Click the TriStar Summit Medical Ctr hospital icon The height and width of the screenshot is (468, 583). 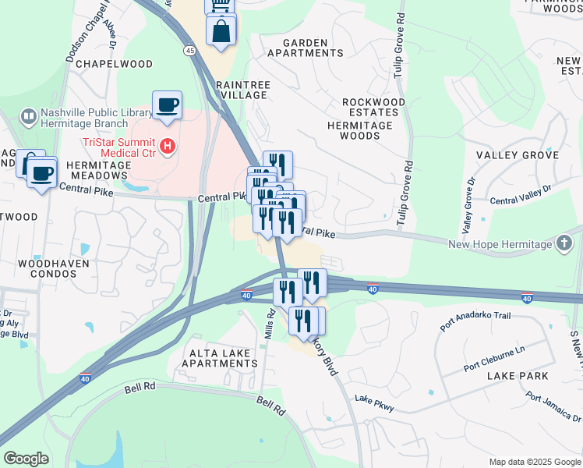coord(166,146)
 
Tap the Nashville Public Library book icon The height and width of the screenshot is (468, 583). coord(28,117)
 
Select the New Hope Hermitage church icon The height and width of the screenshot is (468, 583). coord(564,245)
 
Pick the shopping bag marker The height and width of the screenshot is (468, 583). coord(221,31)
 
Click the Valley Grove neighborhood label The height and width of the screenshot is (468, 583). coord(518,155)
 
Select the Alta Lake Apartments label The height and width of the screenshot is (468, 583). coord(217,359)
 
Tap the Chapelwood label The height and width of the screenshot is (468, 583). coord(115,63)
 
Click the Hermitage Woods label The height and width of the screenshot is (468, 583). coord(359,130)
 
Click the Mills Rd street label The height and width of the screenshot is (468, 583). coord(270,323)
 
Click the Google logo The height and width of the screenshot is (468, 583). coord(26,459)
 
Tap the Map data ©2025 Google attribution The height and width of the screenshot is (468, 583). coord(534,462)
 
